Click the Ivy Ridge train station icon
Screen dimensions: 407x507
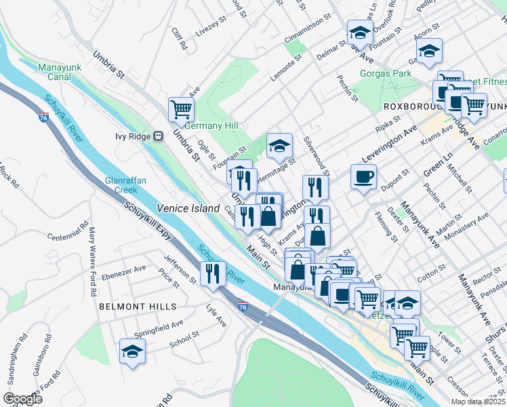tap(158, 136)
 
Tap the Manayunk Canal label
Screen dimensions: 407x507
tap(60, 73)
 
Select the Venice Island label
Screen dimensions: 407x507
tap(188, 208)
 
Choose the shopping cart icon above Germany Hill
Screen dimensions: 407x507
tap(182, 109)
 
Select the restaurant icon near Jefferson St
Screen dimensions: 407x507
tap(213, 273)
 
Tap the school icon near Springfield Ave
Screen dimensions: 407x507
tap(132, 351)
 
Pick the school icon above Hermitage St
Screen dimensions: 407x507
tap(279, 145)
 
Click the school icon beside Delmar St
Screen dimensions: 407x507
tap(360, 32)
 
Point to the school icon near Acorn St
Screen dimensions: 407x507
tap(429, 51)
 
